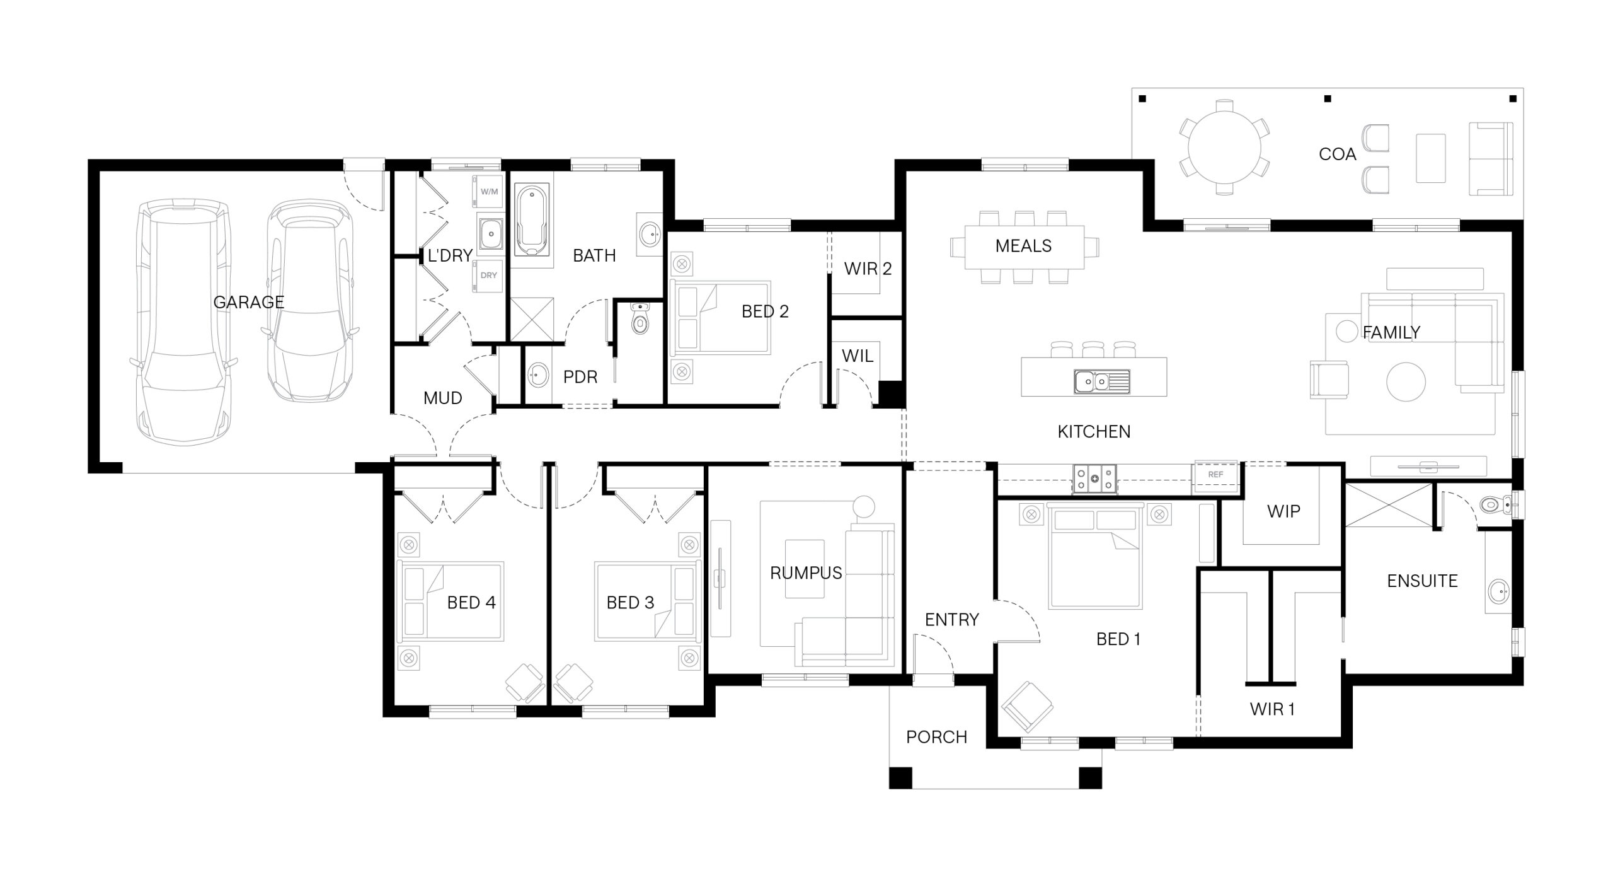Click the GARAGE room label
pos(249,302)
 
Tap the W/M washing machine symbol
pos(488,192)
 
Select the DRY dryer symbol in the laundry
pos(488,276)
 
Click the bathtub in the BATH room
pos(532,220)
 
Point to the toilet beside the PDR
pos(640,319)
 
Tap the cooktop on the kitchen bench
pos(1094,478)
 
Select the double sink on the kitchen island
pos(1101,381)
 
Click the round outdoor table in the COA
pos(1224,147)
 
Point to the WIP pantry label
pos(1283,511)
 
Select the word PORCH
pos(936,737)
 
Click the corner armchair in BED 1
pos(1027,706)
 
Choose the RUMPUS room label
pos(806,573)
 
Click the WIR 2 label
pos(868,269)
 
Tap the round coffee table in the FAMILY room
pos(1406,381)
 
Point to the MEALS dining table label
pos(1023,246)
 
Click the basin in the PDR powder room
pos(537,376)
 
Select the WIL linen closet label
pos(858,356)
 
